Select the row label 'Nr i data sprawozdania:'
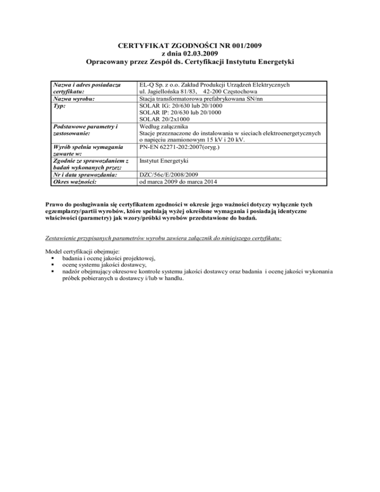click(85, 174)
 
